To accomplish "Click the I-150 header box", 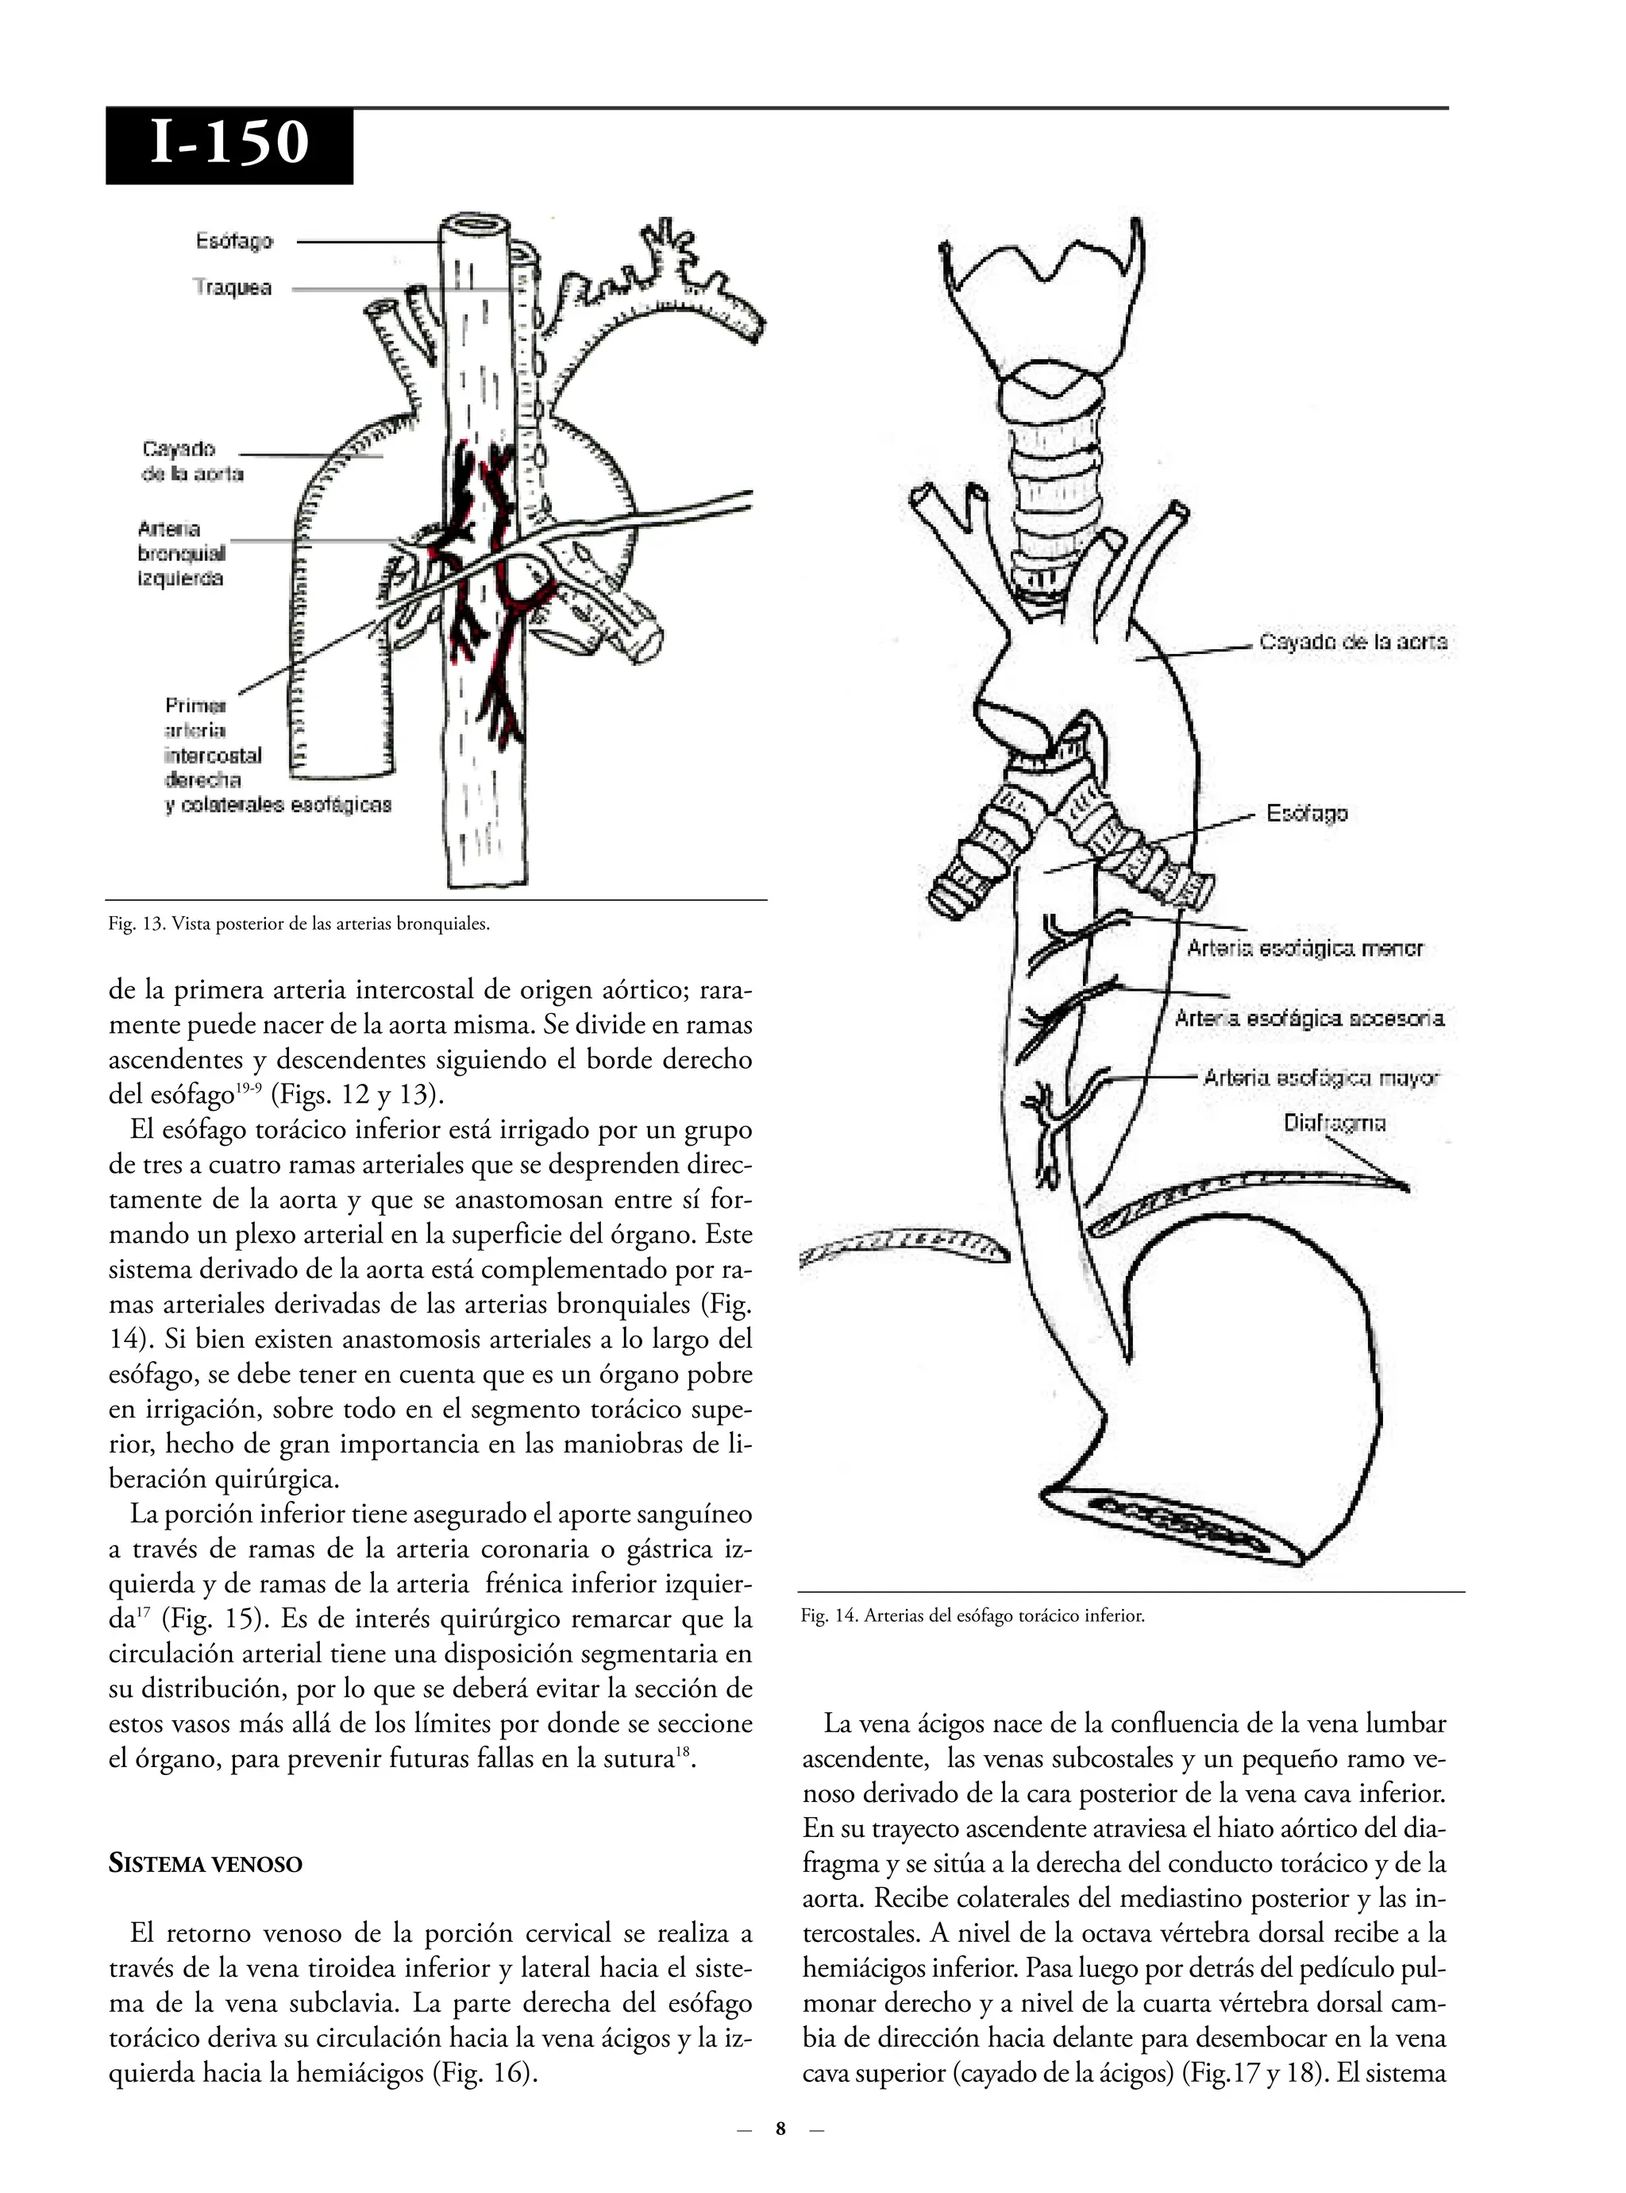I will [x=229, y=145].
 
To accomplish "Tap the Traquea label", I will [x=233, y=288].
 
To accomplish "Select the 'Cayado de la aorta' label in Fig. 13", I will [x=192, y=461].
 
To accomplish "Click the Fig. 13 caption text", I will [x=299, y=923].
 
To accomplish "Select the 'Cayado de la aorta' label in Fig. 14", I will [x=1354, y=642].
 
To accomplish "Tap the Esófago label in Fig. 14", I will [x=1306, y=814].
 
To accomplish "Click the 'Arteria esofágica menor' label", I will [x=1304, y=948].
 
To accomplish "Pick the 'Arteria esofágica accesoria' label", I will [x=1309, y=1017].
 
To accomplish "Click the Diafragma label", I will [x=1334, y=1123].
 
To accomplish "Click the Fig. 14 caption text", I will [x=973, y=1616].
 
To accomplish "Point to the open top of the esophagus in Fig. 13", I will [x=476, y=223].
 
